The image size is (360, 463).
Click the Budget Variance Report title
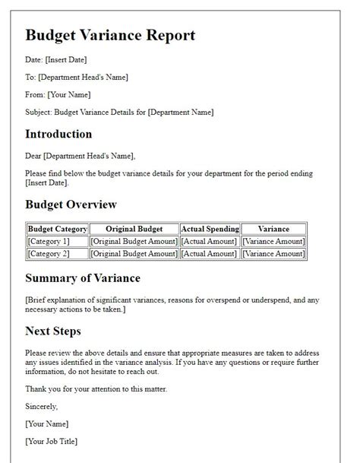point(110,36)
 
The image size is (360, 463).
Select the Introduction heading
point(58,135)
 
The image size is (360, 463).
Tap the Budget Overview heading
point(71,205)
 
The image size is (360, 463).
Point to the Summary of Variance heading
point(82,278)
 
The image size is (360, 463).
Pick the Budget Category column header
point(58,229)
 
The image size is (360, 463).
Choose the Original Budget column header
point(134,229)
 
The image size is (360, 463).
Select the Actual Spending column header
point(210,229)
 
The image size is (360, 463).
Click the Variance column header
point(273,229)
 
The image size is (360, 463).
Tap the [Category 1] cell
point(48,241)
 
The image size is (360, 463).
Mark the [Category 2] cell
point(48,253)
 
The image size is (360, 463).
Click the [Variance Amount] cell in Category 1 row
point(273,241)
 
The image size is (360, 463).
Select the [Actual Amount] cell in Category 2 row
point(210,253)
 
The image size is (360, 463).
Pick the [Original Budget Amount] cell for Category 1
point(134,241)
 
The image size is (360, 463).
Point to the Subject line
point(119,113)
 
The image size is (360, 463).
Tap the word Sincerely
point(43,407)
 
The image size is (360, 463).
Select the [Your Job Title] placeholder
point(52,442)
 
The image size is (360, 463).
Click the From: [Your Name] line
point(58,95)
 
